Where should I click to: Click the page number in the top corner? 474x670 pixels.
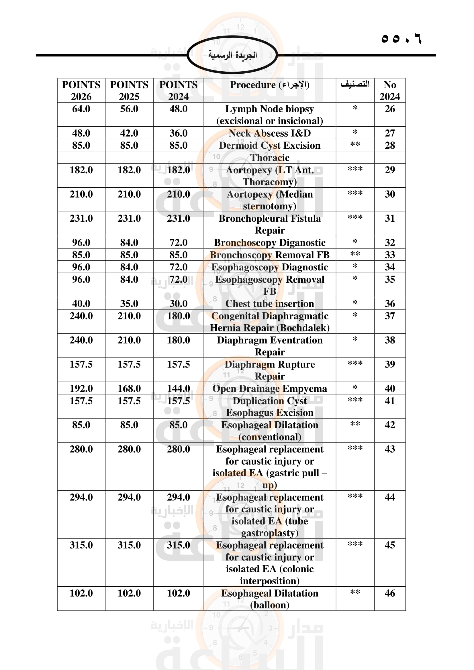(401, 38)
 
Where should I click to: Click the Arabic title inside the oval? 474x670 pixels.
(232, 55)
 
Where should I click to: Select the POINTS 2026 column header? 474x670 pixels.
(81, 90)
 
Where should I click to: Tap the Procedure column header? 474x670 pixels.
(269, 85)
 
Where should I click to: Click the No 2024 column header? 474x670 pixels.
(390, 90)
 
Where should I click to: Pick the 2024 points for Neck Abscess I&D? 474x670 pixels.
(178, 133)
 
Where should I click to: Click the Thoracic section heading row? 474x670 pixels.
(269, 158)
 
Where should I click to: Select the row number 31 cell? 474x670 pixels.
(390, 218)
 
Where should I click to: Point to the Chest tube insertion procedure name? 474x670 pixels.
(269, 303)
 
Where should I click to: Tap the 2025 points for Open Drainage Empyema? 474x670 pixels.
(129, 388)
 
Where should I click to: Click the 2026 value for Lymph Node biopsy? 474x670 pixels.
(81, 109)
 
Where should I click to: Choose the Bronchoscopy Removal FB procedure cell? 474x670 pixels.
(269, 255)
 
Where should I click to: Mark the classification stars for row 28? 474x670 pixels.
(355, 145)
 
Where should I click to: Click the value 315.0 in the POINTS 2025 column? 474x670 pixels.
(129, 545)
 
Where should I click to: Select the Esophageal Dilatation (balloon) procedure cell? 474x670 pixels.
(269, 599)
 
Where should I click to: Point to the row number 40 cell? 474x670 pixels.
(390, 388)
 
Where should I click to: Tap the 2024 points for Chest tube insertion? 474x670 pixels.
(178, 303)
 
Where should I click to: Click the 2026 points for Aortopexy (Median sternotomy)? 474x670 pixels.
(81, 194)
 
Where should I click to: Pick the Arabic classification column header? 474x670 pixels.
(355, 85)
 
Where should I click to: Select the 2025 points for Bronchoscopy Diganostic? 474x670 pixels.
(129, 243)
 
